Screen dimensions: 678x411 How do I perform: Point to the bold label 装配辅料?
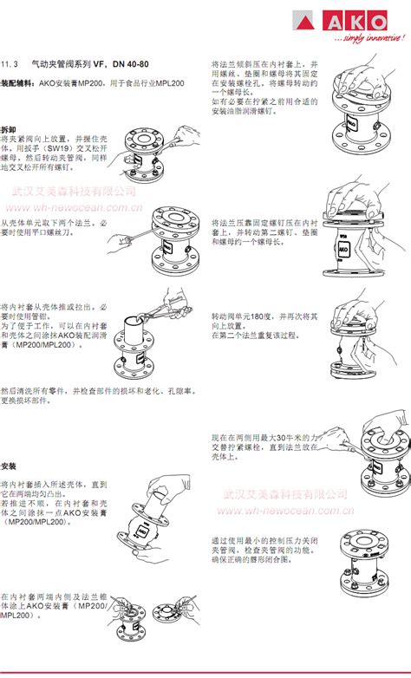(18, 83)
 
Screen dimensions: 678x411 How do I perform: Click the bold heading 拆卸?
(9, 128)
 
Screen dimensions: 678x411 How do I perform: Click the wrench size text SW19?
(59, 149)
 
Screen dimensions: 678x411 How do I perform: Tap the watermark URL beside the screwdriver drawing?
(73, 208)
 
